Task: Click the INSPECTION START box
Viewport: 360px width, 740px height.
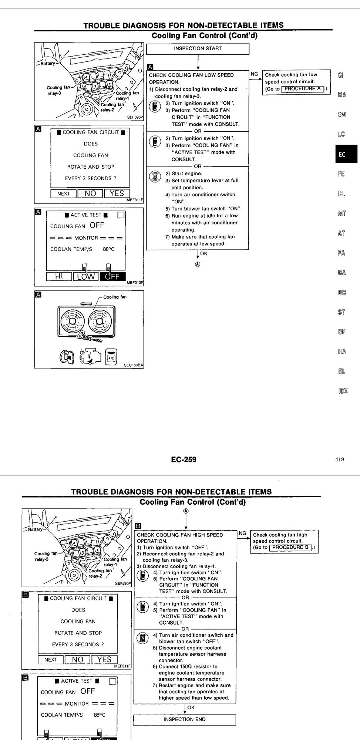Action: (x=198, y=48)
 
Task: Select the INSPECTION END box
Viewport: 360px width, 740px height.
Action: (x=184, y=719)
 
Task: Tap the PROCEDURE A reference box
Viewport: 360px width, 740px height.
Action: (x=303, y=89)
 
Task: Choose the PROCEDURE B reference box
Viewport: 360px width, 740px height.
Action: (x=291, y=547)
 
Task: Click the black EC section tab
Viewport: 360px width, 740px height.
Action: (x=346, y=154)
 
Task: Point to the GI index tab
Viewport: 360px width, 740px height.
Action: (x=341, y=75)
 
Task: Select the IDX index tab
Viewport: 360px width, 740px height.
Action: (x=343, y=391)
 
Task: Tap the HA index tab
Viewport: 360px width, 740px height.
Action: (x=342, y=351)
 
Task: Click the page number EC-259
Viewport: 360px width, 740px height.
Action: (x=184, y=460)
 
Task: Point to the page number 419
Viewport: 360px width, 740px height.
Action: (x=340, y=460)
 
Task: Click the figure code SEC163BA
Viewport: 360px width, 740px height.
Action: (x=133, y=365)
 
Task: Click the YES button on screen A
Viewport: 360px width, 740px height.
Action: (x=117, y=194)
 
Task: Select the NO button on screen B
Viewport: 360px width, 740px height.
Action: (x=78, y=660)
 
